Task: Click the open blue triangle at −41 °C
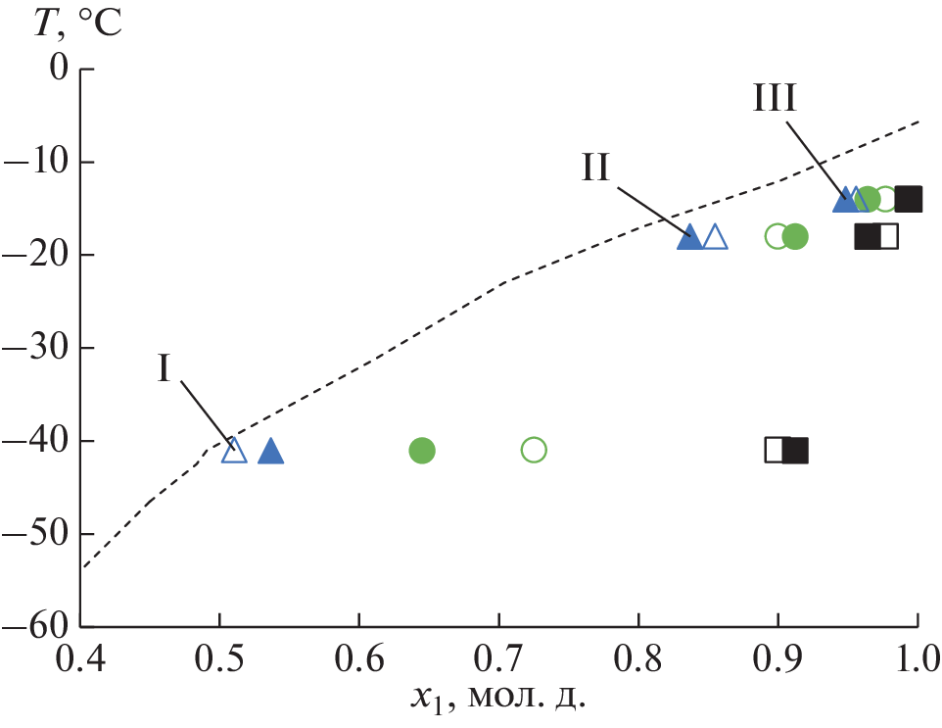coord(234,451)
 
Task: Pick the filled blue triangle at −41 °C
coord(270,451)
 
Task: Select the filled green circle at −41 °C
coord(421,451)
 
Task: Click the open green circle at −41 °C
coord(534,451)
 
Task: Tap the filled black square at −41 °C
coord(796,451)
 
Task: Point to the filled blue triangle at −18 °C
coord(690,237)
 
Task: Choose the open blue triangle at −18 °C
coord(716,237)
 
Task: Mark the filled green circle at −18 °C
coord(795,237)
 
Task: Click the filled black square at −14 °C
coord(909,199)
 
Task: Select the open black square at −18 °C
coord(887,237)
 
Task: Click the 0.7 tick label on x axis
coord(499,655)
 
